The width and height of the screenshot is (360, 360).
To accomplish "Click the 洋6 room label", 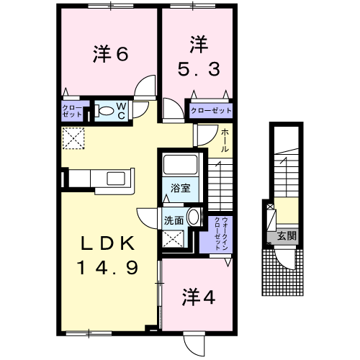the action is [111, 54].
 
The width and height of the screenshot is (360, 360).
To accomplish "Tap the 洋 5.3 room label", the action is [199, 56].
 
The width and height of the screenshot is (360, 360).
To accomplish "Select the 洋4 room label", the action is [199, 297].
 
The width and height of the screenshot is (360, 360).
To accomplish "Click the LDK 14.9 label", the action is [107, 255].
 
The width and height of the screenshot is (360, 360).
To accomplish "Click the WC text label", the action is [122, 111].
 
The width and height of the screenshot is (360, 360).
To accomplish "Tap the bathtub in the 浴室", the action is [180, 164].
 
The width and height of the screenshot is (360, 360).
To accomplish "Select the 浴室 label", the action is [181, 188].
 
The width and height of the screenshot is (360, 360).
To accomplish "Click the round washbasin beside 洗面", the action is [194, 217].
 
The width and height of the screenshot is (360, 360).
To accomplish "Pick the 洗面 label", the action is [174, 220].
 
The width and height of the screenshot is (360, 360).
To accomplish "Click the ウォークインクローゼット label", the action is [221, 233].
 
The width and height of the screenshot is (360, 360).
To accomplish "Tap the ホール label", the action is [225, 140].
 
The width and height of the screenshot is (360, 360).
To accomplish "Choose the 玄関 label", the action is [287, 236].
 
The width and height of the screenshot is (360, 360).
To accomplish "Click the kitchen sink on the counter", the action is [116, 179].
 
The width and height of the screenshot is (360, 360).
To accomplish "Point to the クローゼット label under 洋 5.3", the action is [211, 111].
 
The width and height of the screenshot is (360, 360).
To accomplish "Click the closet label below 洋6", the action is [72, 111].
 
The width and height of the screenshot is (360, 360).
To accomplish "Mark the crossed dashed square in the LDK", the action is [73, 138].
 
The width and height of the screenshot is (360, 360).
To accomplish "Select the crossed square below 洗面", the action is [174, 238].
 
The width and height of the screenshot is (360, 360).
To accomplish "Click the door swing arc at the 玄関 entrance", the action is [284, 261].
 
